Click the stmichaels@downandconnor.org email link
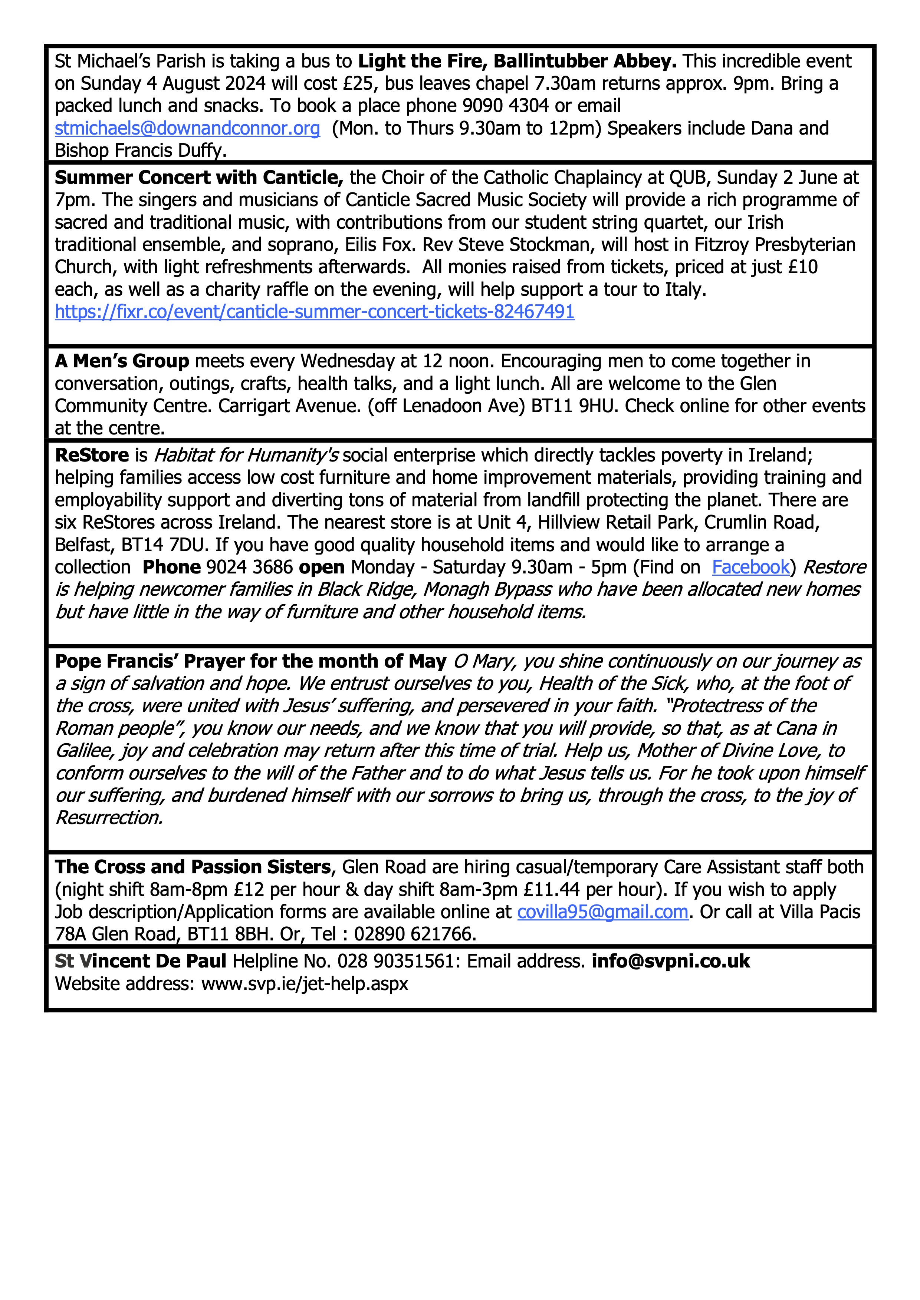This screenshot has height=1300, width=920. coord(187,129)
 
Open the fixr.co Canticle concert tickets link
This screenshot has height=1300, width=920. coord(315,311)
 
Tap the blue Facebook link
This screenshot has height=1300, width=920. coord(750,567)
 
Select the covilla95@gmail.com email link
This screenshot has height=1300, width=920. coord(602,912)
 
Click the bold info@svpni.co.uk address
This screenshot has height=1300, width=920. coord(671,961)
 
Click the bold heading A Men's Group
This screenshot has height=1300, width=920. coord(122,361)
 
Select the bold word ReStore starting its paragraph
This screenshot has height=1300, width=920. coord(92,455)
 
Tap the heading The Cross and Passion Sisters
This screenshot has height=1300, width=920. coord(193,867)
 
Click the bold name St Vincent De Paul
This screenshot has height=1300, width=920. coord(141,961)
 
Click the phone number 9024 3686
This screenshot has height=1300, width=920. coord(249,567)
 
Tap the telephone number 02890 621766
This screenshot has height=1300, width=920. coord(415,934)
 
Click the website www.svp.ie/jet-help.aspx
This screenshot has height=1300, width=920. coord(305,983)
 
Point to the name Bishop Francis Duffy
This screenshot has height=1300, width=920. coord(141,150)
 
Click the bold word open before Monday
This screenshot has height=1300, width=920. coord(321,567)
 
